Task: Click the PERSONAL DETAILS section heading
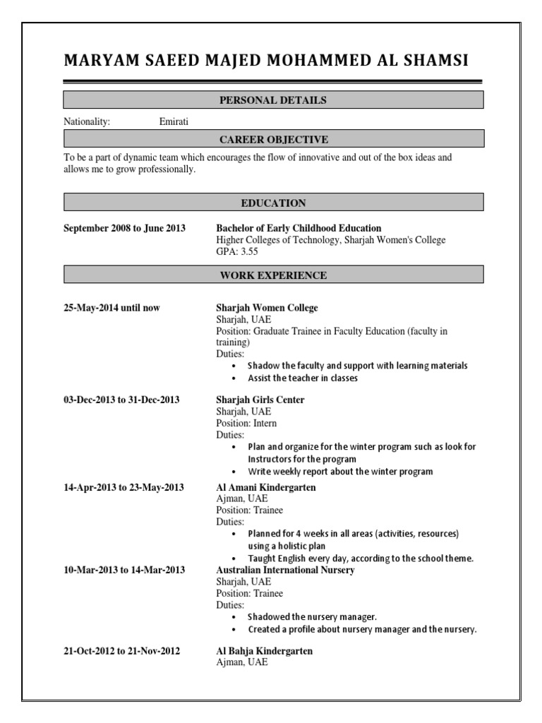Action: (x=273, y=100)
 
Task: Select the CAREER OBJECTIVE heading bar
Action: (x=273, y=139)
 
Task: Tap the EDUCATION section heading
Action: (x=273, y=203)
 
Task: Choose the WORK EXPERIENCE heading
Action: (x=273, y=275)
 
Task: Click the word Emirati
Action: (x=174, y=121)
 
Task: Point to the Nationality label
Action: (x=87, y=121)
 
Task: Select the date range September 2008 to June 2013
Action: (x=124, y=228)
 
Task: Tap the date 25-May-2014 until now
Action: (x=112, y=308)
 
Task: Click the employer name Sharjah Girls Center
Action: (x=260, y=400)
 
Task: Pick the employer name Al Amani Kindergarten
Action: (x=265, y=487)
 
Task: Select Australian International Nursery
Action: (x=284, y=570)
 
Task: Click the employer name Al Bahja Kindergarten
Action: (x=263, y=651)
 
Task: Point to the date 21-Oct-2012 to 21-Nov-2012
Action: (x=121, y=651)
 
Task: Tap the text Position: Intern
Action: (x=246, y=423)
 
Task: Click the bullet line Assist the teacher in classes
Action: (x=302, y=378)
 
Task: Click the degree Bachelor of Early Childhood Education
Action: (x=298, y=228)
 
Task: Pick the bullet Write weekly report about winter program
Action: (x=340, y=471)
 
